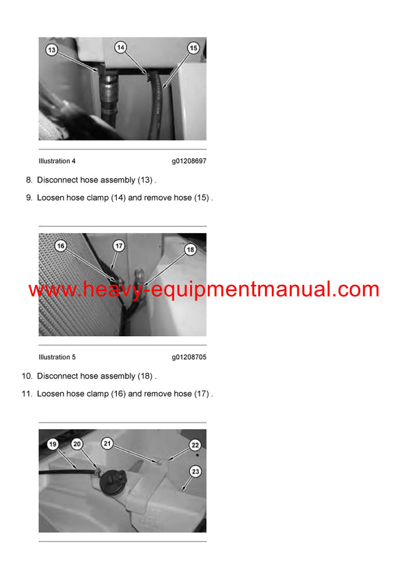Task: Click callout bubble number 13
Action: (x=51, y=49)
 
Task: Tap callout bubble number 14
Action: (x=120, y=48)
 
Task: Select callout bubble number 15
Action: (x=193, y=49)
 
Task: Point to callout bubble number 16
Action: (x=60, y=245)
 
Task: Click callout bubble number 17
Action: (x=118, y=245)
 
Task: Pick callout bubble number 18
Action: (x=191, y=250)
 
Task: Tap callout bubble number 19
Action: (x=53, y=444)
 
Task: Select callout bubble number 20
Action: (x=77, y=444)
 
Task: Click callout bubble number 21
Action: (x=107, y=443)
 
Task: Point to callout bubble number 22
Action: (x=194, y=444)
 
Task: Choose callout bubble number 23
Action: (x=195, y=471)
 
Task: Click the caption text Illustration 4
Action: (x=57, y=161)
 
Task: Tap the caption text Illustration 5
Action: (x=57, y=357)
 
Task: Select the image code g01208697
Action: (x=189, y=161)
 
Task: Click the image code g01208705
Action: (x=189, y=357)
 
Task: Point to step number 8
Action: (x=29, y=180)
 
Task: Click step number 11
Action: (x=27, y=394)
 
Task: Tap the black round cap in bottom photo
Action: (x=111, y=480)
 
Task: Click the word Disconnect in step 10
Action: (x=58, y=376)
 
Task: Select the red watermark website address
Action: (x=204, y=290)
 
